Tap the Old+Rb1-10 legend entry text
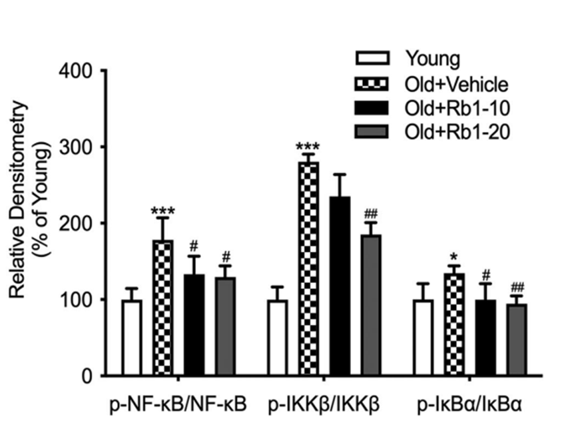click(x=456, y=109)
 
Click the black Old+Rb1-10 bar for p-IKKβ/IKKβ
click(x=340, y=286)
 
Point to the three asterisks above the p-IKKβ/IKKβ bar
click(x=308, y=147)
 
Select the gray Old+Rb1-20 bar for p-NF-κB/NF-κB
click(x=226, y=326)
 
